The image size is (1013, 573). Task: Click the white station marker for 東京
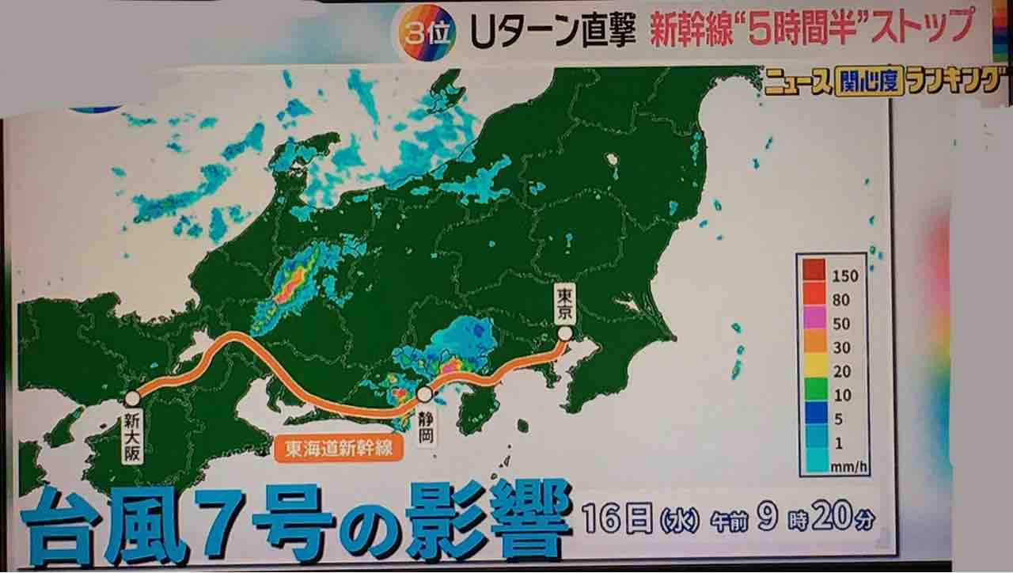[x=564, y=335]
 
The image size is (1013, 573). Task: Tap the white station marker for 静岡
[x=425, y=394]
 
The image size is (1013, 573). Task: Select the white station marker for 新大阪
[x=132, y=399]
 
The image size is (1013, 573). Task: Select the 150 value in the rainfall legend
[x=840, y=276]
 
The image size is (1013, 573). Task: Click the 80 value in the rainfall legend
[x=840, y=300]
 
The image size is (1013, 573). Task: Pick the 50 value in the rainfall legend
[x=840, y=324]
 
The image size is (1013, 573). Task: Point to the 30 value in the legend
[x=840, y=347]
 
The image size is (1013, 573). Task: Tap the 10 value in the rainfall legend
[x=840, y=395]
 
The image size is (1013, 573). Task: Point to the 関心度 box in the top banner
[x=870, y=82]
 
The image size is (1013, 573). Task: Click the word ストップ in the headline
[x=921, y=28]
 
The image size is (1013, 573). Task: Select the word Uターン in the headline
[x=533, y=31]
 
